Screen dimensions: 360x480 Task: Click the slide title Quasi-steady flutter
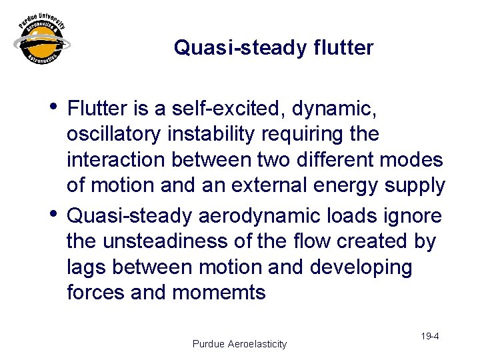[x=273, y=48]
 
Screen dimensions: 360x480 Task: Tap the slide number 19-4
[x=429, y=336]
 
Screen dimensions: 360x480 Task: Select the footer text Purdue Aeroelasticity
[x=239, y=344]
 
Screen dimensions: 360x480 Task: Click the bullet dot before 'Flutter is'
[x=55, y=106]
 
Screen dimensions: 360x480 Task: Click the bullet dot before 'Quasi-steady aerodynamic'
[x=55, y=214]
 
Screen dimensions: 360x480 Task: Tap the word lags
[x=87, y=267]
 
